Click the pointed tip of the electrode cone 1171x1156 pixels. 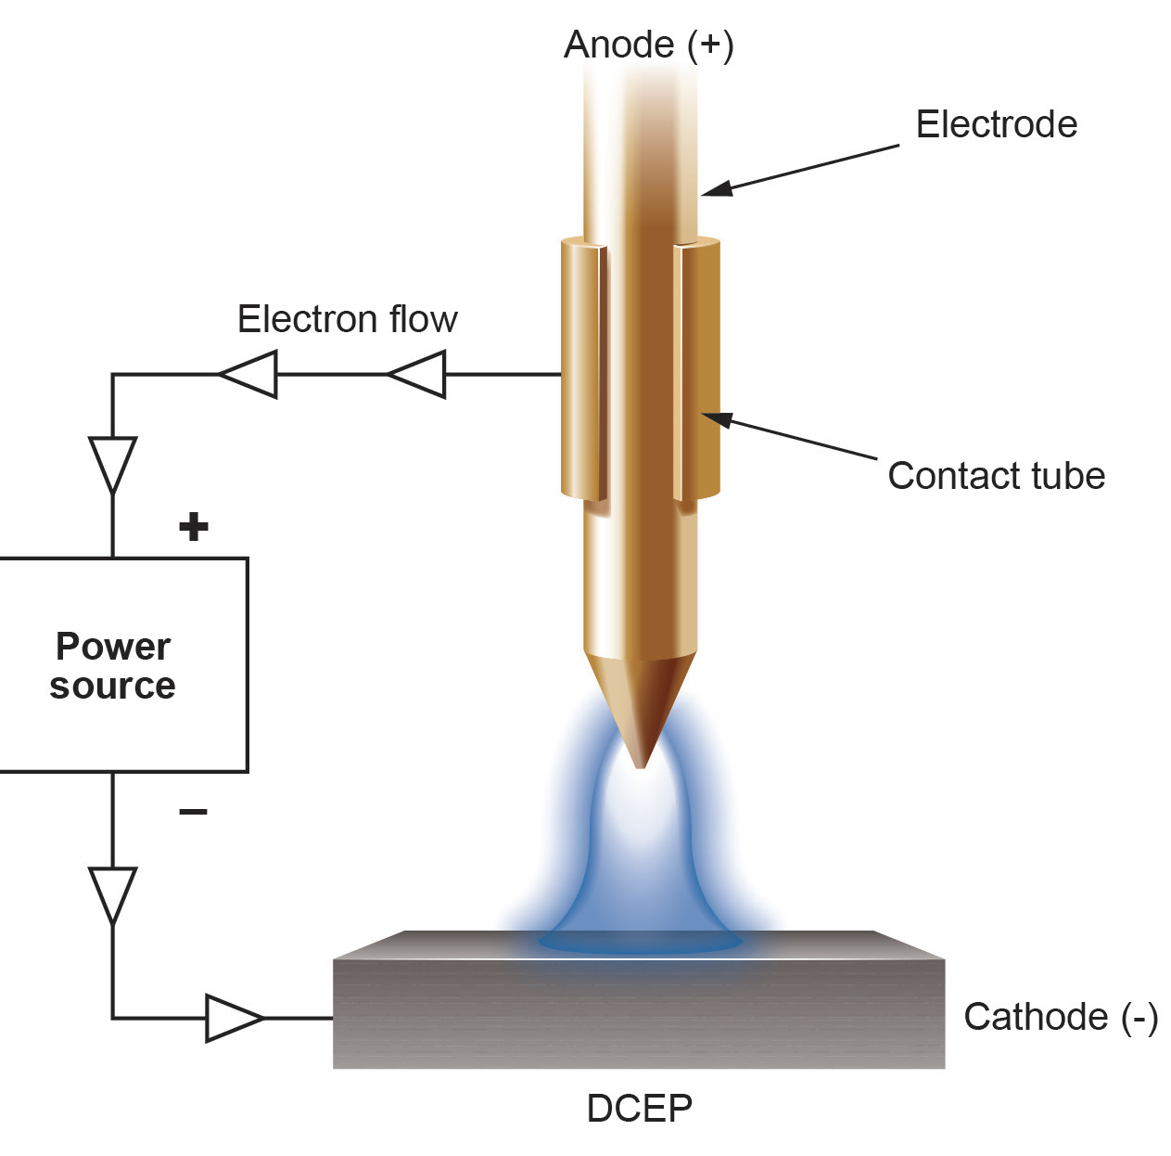pos(640,767)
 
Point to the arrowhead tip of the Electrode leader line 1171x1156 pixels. pos(702,195)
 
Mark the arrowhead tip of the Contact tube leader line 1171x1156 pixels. pos(702,414)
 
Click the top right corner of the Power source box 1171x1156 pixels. pos(248,559)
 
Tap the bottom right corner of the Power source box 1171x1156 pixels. pos(248,772)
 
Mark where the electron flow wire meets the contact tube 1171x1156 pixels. pos(561,374)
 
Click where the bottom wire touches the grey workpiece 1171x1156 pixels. pos(333,1018)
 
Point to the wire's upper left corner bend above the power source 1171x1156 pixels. pos(112,374)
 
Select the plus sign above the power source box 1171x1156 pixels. pos(194,527)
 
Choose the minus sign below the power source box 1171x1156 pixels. pos(193,811)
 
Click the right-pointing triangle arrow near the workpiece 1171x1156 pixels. pos(235,1018)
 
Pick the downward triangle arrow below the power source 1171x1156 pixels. pos(112,895)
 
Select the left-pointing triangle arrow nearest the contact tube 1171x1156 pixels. pos(416,374)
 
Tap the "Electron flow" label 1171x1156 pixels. pos(347,319)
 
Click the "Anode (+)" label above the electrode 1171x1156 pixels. pos(648,45)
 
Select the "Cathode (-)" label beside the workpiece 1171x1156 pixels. pos(1061,1017)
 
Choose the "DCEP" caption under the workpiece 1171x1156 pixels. pos(640,1108)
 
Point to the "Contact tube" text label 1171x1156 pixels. pos(996,475)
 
